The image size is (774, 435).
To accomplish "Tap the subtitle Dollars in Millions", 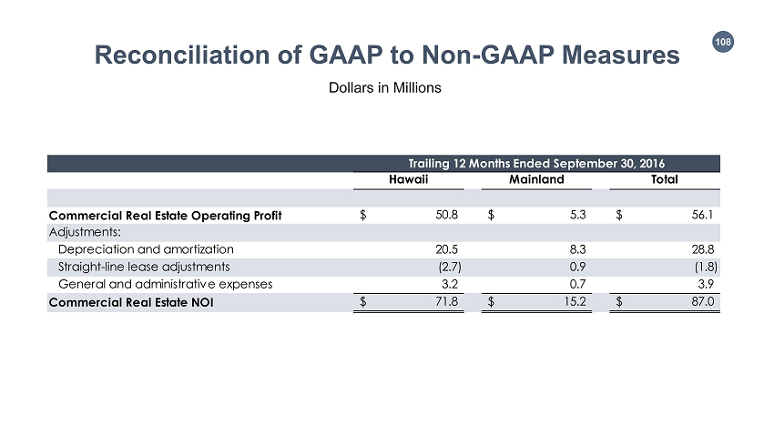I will (x=386, y=88).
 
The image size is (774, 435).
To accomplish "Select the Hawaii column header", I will (x=410, y=180).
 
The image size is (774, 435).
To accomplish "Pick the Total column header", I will (x=664, y=180).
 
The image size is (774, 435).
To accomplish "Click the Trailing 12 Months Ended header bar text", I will (x=536, y=163).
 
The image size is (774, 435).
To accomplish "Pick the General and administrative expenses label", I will (x=165, y=284).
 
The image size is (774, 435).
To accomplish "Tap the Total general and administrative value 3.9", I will (x=705, y=284).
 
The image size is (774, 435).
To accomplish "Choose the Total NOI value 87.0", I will (x=702, y=302).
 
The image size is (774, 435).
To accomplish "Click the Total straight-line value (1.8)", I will (x=704, y=267).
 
